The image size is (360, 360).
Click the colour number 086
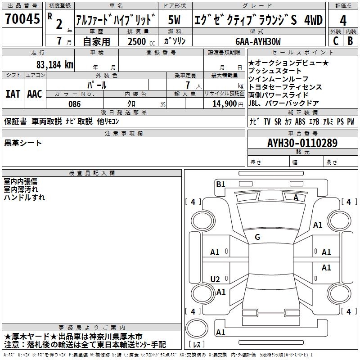[x=74, y=104]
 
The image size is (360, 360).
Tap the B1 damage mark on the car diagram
[x=220, y=184]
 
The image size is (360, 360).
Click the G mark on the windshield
[x=257, y=237]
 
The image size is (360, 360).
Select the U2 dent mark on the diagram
[x=215, y=279]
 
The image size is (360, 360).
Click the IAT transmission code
[x=13, y=94]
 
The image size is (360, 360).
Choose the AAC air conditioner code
[x=35, y=94]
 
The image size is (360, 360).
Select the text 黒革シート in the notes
[x=23, y=143]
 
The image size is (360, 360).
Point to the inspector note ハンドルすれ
[x=24, y=197]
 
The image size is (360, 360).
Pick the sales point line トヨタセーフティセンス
[x=285, y=87]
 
